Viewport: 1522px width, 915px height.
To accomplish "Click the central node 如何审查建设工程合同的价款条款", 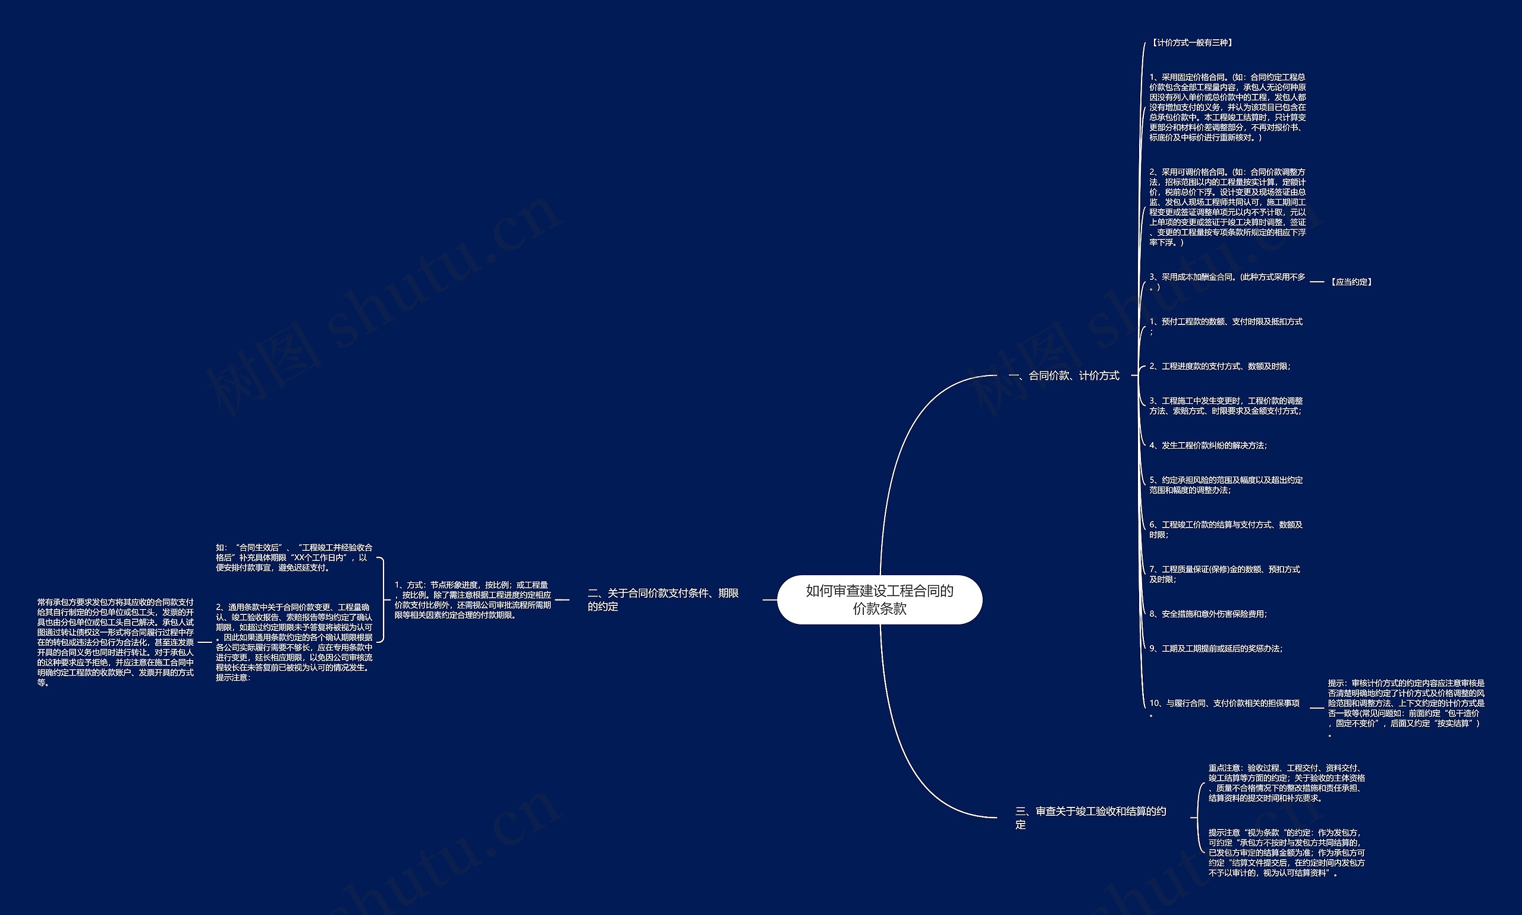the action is [x=879, y=600].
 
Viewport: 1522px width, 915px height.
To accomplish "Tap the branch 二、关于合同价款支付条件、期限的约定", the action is [x=663, y=600].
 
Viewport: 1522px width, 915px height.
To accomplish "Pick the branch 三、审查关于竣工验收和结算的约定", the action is [x=1091, y=818].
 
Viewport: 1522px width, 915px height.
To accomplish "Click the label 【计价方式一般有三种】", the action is [x=1191, y=43].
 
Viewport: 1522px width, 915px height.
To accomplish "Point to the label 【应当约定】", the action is [x=1351, y=282].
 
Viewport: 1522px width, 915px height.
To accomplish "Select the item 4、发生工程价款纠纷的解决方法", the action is [x=1208, y=445].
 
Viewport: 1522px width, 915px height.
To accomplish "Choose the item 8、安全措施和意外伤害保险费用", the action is [x=1208, y=614].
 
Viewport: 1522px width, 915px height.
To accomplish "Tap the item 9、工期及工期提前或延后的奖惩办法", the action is [x=1215, y=649].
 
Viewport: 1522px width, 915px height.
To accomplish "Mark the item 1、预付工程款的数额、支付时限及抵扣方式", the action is [x=1225, y=326].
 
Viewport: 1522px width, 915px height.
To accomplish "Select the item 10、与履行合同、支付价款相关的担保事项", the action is [x=1224, y=707].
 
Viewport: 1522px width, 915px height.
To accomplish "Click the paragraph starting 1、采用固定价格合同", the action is [x=1227, y=108].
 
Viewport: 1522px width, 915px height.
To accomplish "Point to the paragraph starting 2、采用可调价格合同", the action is [x=1227, y=207].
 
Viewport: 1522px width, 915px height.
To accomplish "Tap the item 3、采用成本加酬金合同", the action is [x=1227, y=281].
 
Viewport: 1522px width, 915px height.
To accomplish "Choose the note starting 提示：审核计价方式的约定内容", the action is [x=1406, y=708].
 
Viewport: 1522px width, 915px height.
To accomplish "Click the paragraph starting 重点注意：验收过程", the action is [x=1286, y=783].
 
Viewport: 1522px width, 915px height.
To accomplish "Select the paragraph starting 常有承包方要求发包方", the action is [x=115, y=642].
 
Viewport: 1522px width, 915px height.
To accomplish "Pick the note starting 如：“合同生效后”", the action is [x=294, y=557].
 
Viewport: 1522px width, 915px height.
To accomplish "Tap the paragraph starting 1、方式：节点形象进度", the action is [x=473, y=600].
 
